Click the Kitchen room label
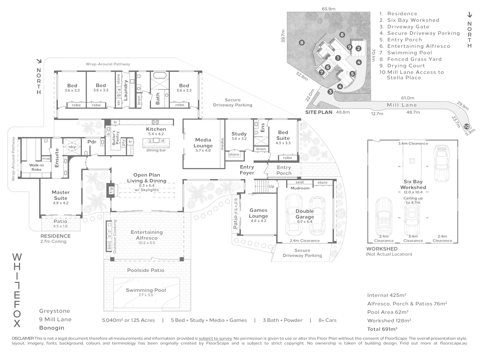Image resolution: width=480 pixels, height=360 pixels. [x=156, y=129]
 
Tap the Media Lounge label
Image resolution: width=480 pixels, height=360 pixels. [x=203, y=143]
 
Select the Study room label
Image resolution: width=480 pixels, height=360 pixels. [x=239, y=134]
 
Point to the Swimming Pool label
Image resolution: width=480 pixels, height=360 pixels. [x=146, y=290]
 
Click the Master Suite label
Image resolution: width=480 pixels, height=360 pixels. [x=61, y=195]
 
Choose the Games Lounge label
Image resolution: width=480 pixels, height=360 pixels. [x=258, y=213]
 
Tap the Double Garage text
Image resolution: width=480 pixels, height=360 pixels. [x=305, y=214]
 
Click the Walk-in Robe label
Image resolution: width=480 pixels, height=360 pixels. [x=36, y=167]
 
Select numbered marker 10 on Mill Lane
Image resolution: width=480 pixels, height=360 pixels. [x=466, y=127]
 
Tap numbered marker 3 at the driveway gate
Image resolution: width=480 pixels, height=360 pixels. [x=330, y=92]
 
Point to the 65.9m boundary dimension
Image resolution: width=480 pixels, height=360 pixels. [x=328, y=9]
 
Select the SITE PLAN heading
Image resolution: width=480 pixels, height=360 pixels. [x=319, y=112]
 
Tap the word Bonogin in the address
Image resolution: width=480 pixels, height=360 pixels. [x=52, y=328]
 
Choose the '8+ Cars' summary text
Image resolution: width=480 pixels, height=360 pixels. [x=327, y=320]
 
